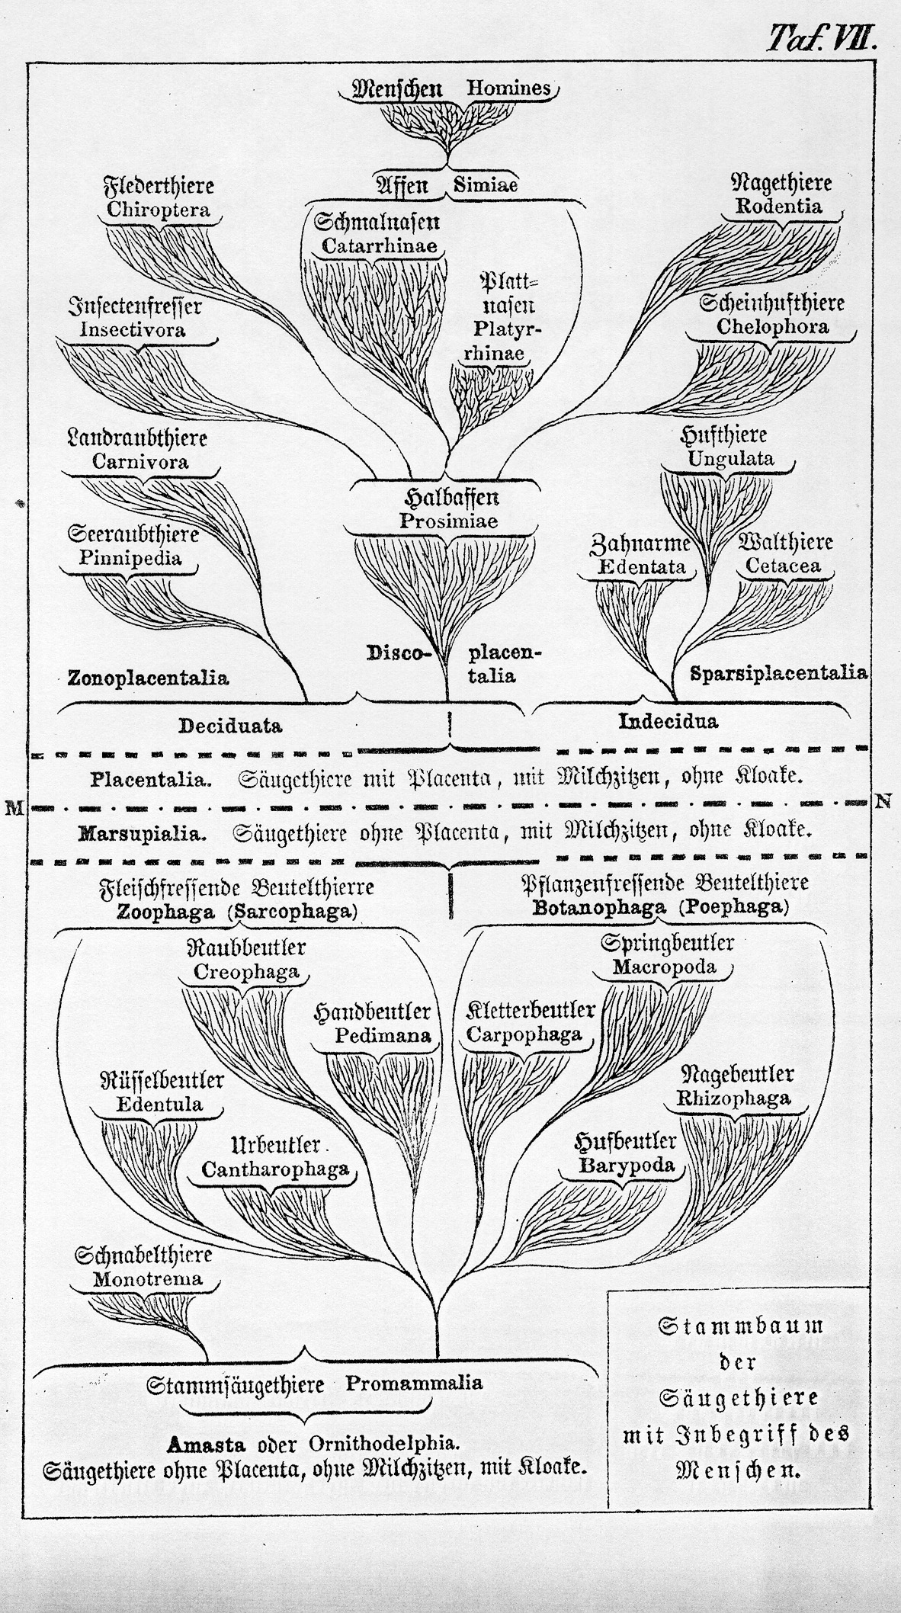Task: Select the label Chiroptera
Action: pos(159,210)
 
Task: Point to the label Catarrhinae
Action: pos(379,246)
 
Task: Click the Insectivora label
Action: pos(133,330)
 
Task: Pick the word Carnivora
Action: pos(140,461)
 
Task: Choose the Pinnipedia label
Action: pos(130,558)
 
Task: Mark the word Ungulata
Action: pos(731,459)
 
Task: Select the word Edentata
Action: pos(642,566)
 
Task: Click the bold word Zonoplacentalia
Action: pos(148,677)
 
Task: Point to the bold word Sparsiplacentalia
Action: pos(778,672)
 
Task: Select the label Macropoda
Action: pos(664,967)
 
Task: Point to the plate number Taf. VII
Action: pos(822,36)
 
